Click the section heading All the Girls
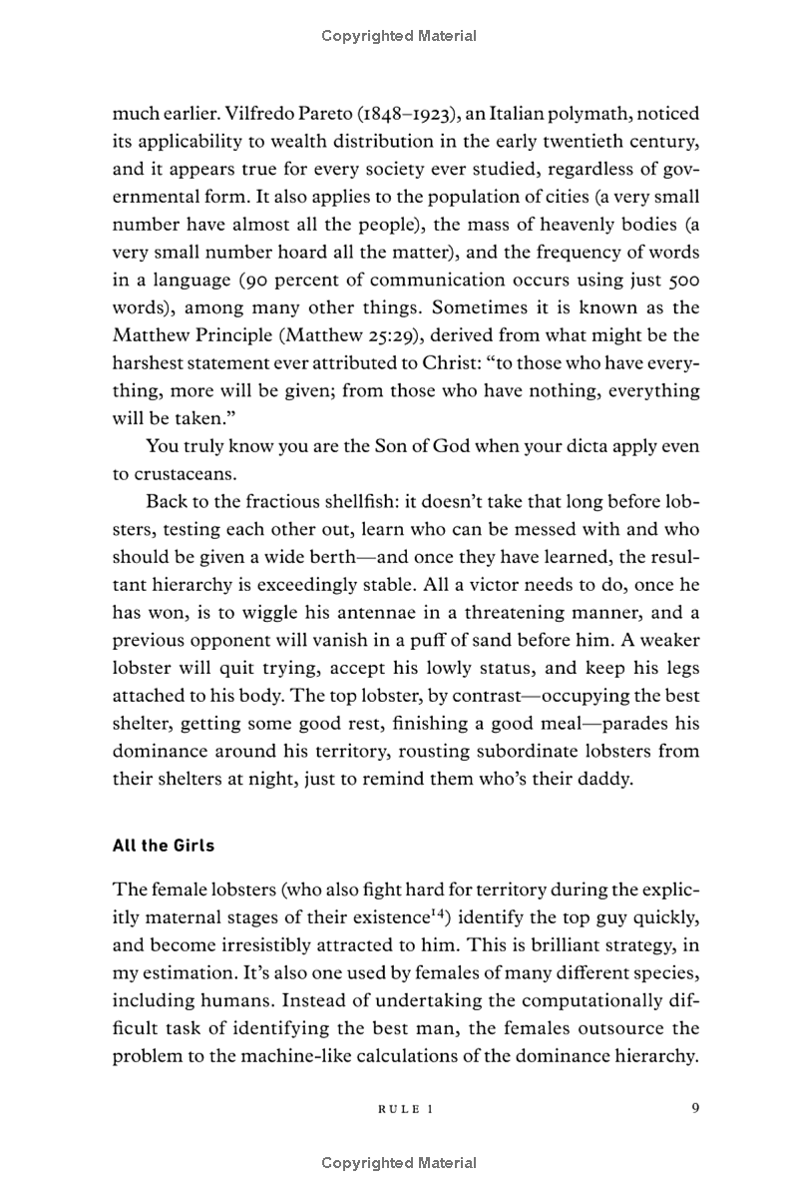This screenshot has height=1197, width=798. click(x=164, y=845)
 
